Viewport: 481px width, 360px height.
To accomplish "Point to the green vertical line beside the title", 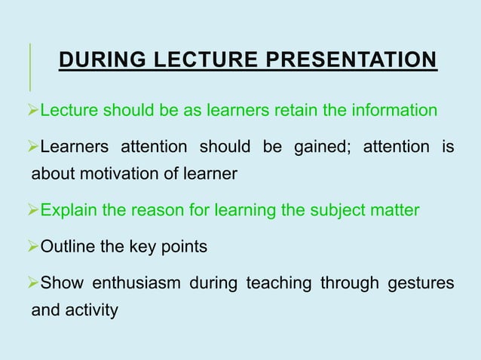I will click(x=31, y=66).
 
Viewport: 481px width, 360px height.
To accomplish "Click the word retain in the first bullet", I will click(x=291, y=111).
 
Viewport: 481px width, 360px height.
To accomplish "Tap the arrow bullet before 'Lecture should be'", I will click(x=32, y=111).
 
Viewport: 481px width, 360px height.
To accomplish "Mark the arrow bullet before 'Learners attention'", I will click(x=32, y=146).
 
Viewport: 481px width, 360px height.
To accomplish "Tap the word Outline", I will click(x=68, y=247).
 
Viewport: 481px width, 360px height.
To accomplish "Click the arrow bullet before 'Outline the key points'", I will click(x=32, y=247).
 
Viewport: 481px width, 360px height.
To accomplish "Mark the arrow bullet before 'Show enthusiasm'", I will click(x=32, y=282).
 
